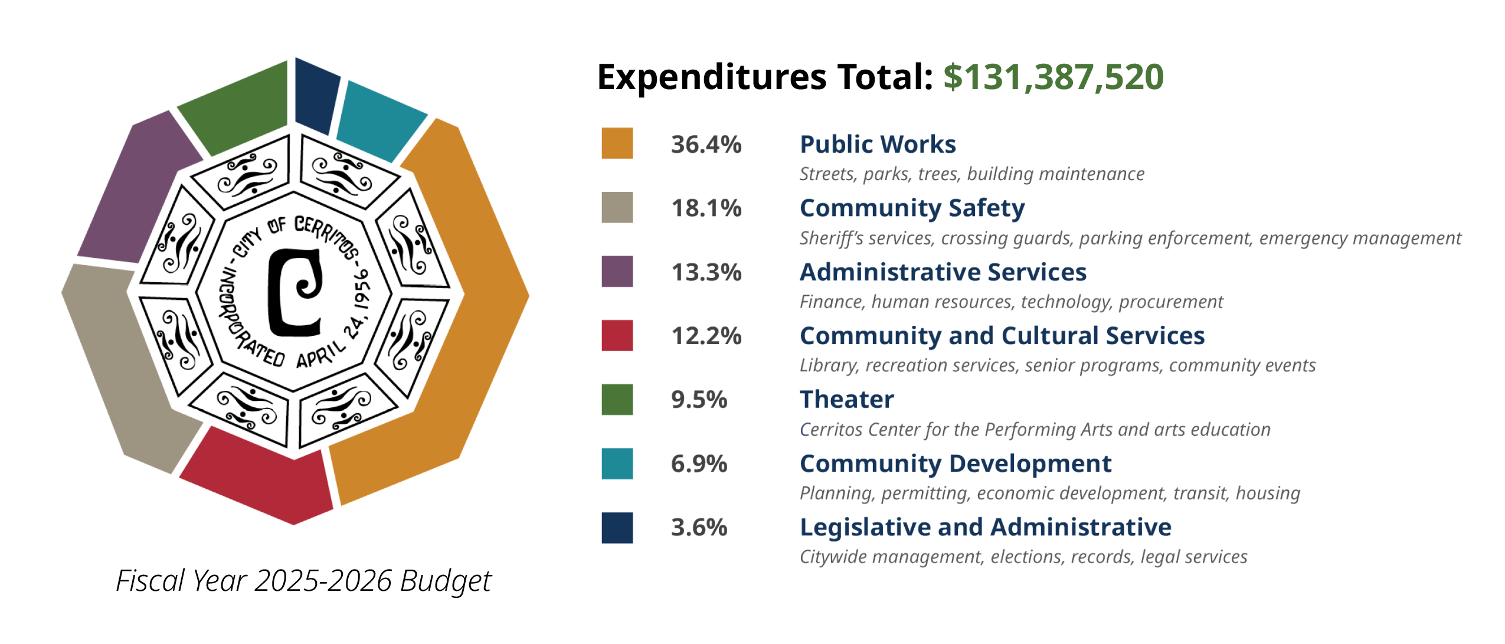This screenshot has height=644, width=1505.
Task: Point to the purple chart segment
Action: (x=139, y=189)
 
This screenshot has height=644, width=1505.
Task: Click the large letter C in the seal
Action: (x=294, y=292)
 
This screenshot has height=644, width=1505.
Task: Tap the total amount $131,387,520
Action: (x=1053, y=77)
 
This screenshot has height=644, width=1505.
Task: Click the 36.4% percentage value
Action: (x=706, y=144)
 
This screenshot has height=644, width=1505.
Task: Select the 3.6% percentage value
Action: (x=699, y=527)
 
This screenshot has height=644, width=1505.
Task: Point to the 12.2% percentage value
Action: (x=706, y=336)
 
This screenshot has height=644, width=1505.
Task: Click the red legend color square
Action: (x=617, y=335)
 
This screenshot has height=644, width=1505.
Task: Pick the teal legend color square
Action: (x=617, y=463)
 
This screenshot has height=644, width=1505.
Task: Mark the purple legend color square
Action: (x=617, y=272)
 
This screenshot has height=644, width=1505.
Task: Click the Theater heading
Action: (x=846, y=400)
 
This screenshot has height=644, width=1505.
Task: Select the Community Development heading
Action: (x=955, y=463)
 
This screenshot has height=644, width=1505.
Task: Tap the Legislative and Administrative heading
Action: (x=985, y=527)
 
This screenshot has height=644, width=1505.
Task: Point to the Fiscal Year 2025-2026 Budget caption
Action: (x=303, y=581)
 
